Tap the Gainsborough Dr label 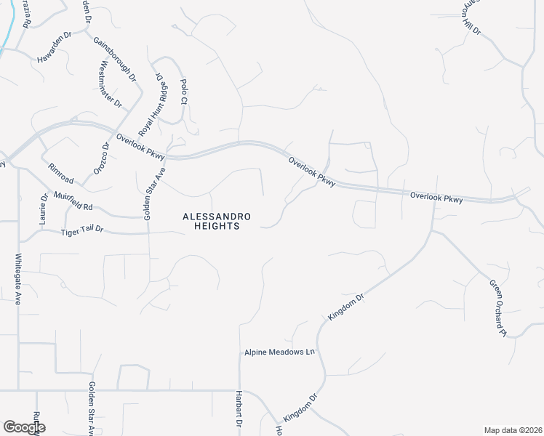115,59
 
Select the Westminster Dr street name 110,85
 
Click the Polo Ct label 183,92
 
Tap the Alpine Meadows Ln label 279,352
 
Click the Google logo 24,428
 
